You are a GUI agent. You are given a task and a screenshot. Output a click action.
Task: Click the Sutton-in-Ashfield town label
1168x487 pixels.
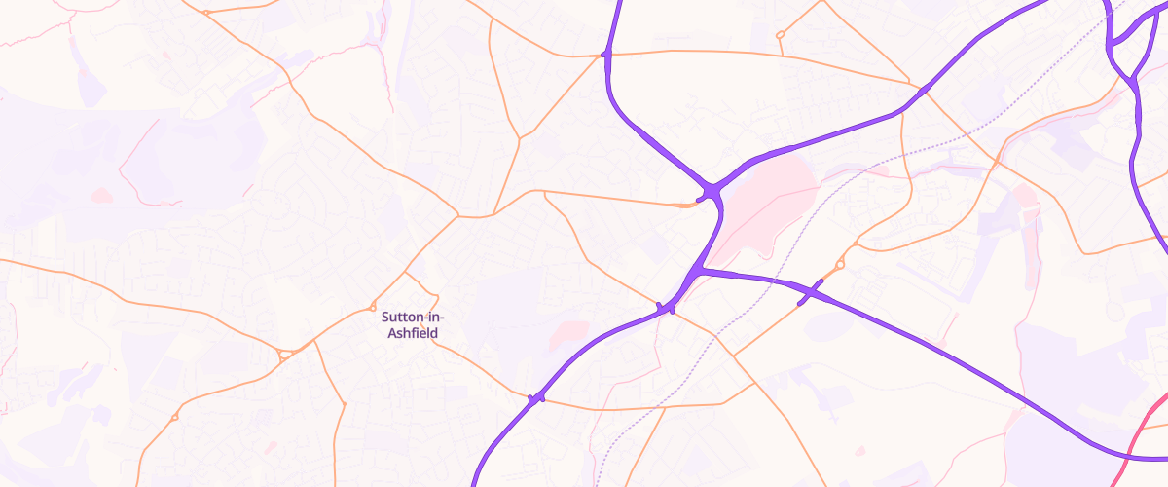coord(410,325)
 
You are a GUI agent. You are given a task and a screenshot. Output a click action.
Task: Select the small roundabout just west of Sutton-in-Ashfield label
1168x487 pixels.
coord(373,309)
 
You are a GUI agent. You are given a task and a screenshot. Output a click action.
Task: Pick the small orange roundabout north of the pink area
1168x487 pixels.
coord(780,36)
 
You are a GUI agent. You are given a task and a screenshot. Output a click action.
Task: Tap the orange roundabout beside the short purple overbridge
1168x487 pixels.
coord(840,263)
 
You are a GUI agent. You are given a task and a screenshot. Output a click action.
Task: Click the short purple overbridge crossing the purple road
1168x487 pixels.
coord(810,291)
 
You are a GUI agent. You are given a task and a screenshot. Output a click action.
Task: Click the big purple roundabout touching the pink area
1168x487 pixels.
coord(712,191)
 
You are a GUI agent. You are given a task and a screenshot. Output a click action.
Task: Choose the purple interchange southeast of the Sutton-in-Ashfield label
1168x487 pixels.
coord(535,398)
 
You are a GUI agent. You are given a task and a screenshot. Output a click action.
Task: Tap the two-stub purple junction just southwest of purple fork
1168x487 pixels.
coord(666,309)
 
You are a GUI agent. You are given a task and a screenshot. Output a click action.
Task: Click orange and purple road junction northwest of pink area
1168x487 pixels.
coord(606,55)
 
